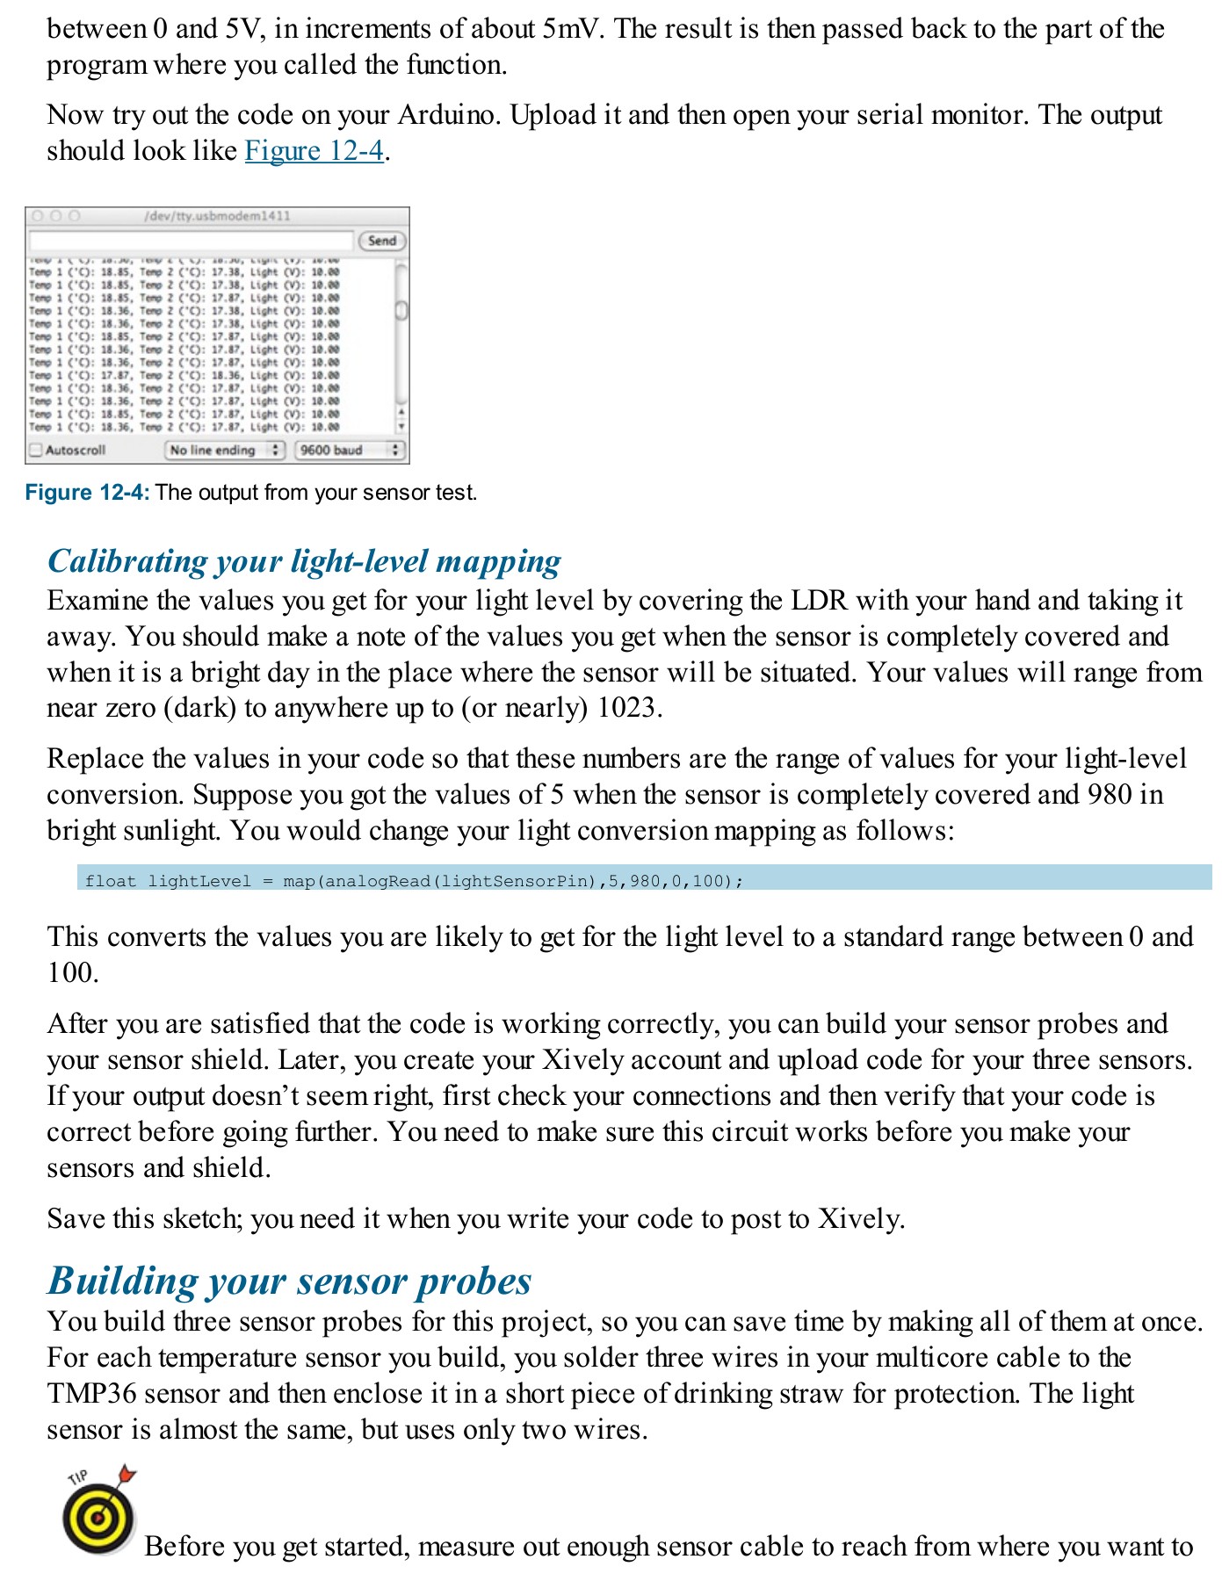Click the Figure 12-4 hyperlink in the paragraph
(314, 151)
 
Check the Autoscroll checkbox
(36, 450)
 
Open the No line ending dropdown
(225, 450)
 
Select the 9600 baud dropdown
(349, 450)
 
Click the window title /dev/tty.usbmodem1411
(217, 216)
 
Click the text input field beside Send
(191, 241)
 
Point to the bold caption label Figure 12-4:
(87, 493)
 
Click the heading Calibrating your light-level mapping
(304, 561)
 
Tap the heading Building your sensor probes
(289, 1281)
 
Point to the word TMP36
(91, 1394)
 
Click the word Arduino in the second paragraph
(446, 115)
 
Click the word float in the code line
(111, 881)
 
